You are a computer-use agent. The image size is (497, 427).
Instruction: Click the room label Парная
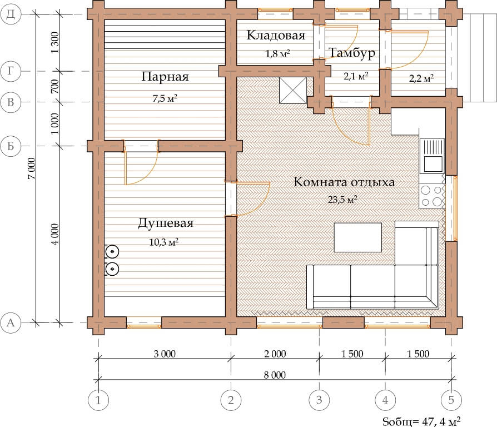coord(165,76)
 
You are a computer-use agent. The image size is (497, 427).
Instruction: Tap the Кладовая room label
coord(276,35)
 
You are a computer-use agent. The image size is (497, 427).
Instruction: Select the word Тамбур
coord(352,53)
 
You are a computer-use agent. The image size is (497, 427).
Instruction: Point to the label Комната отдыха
coord(344,182)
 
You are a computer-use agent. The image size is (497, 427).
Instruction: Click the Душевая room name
coord(166,223)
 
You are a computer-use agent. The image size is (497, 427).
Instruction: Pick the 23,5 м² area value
coord(342,200)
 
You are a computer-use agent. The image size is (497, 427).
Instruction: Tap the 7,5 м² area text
coord(165,98)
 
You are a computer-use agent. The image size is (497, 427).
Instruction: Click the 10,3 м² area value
coord(163,242)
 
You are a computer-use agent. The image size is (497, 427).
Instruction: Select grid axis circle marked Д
coord(11,14)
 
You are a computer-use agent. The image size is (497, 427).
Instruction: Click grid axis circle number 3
coord(319,400)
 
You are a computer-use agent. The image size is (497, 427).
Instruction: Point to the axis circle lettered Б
coord(11,146)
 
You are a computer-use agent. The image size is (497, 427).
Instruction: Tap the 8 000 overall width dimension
coord(275,375)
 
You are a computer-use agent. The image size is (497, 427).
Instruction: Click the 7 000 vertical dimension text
coord(31,168)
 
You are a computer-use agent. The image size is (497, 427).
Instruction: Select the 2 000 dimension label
coord(275,354)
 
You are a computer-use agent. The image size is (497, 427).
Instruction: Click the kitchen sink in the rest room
coord(432,156)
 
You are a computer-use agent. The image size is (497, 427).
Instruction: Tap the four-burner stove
coord(432,196)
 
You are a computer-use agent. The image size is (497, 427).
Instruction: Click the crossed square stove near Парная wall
coord(293,90)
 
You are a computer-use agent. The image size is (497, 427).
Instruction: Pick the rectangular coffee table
coord(358,237)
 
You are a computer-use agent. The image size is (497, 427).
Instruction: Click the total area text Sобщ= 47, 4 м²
coord(421,421)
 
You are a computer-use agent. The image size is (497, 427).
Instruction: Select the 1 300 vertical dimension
coord(55,42)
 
